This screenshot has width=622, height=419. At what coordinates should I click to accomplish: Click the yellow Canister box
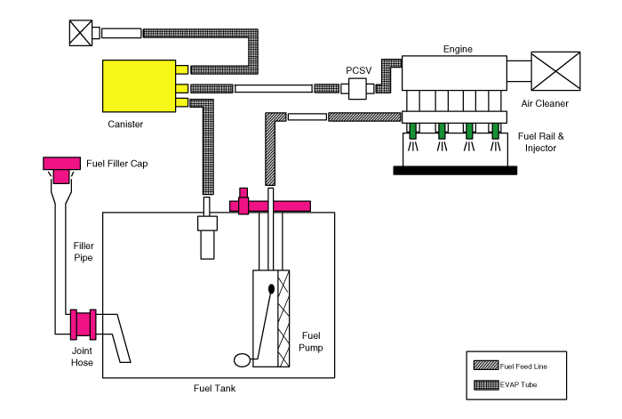point(139,85)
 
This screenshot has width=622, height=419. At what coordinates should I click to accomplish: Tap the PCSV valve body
point(357,88)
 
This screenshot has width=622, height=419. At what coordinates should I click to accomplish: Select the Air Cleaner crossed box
point(555,71)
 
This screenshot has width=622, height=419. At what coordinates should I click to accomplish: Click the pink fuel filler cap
point(61,169)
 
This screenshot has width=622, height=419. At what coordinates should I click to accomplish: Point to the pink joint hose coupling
point(84,325)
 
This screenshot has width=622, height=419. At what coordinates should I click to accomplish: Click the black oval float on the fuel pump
point(271,289)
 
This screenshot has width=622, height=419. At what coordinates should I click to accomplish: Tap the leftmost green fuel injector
point(412,131)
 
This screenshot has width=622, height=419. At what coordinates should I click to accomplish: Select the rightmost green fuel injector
point(495,131)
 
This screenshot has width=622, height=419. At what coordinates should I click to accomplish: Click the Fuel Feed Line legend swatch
point(486,366)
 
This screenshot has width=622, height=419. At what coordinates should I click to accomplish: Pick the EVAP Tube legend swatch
point(486,385)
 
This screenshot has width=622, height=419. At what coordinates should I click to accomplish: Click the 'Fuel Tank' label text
point(215,388)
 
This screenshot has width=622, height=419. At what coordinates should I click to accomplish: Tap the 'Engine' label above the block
point(458,49)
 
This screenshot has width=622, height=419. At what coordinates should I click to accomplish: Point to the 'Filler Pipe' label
point(84,252)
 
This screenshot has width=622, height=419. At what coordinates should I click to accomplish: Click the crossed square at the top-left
point(81,33)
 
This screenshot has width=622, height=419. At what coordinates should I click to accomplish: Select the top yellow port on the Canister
point(181,69)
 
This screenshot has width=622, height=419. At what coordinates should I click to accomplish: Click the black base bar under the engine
point(455,171)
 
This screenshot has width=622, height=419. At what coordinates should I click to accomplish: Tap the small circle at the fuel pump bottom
point(242,360)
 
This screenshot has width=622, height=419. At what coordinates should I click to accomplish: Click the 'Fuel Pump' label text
point(311,342)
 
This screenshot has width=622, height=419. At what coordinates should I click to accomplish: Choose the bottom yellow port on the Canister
point(181,102)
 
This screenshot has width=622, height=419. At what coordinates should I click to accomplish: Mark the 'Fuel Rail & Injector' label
point(540,141)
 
